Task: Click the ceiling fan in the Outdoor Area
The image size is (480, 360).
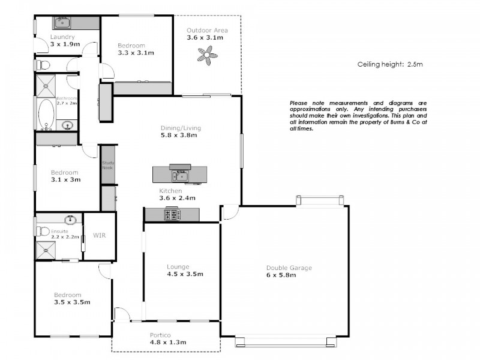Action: (x=208, y=57)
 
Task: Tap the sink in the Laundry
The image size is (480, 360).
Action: (x=62, y=23)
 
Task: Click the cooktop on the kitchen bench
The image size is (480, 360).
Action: (x=172, y=214)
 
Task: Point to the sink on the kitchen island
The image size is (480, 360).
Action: (x=179, y=175)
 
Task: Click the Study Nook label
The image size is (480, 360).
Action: (x=108, y=165)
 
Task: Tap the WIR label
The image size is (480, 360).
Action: (x=99, y=236)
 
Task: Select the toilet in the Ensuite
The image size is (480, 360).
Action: (x=42, y=231)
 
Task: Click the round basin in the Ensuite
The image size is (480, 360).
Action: (x=70, y=219)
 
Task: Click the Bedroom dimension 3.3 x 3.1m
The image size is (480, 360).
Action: (x=136, y=53)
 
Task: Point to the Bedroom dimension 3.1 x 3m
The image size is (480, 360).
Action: (x=65, y=179)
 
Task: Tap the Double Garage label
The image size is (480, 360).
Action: (x=289, y=268)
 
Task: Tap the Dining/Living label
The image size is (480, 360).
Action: (x=181, y=128)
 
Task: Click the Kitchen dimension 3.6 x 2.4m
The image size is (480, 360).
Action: (x=177, y=198)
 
